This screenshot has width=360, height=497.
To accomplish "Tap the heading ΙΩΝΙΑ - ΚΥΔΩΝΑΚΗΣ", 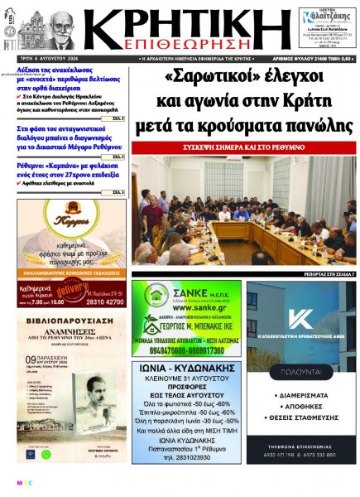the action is (x=186, y=348).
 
